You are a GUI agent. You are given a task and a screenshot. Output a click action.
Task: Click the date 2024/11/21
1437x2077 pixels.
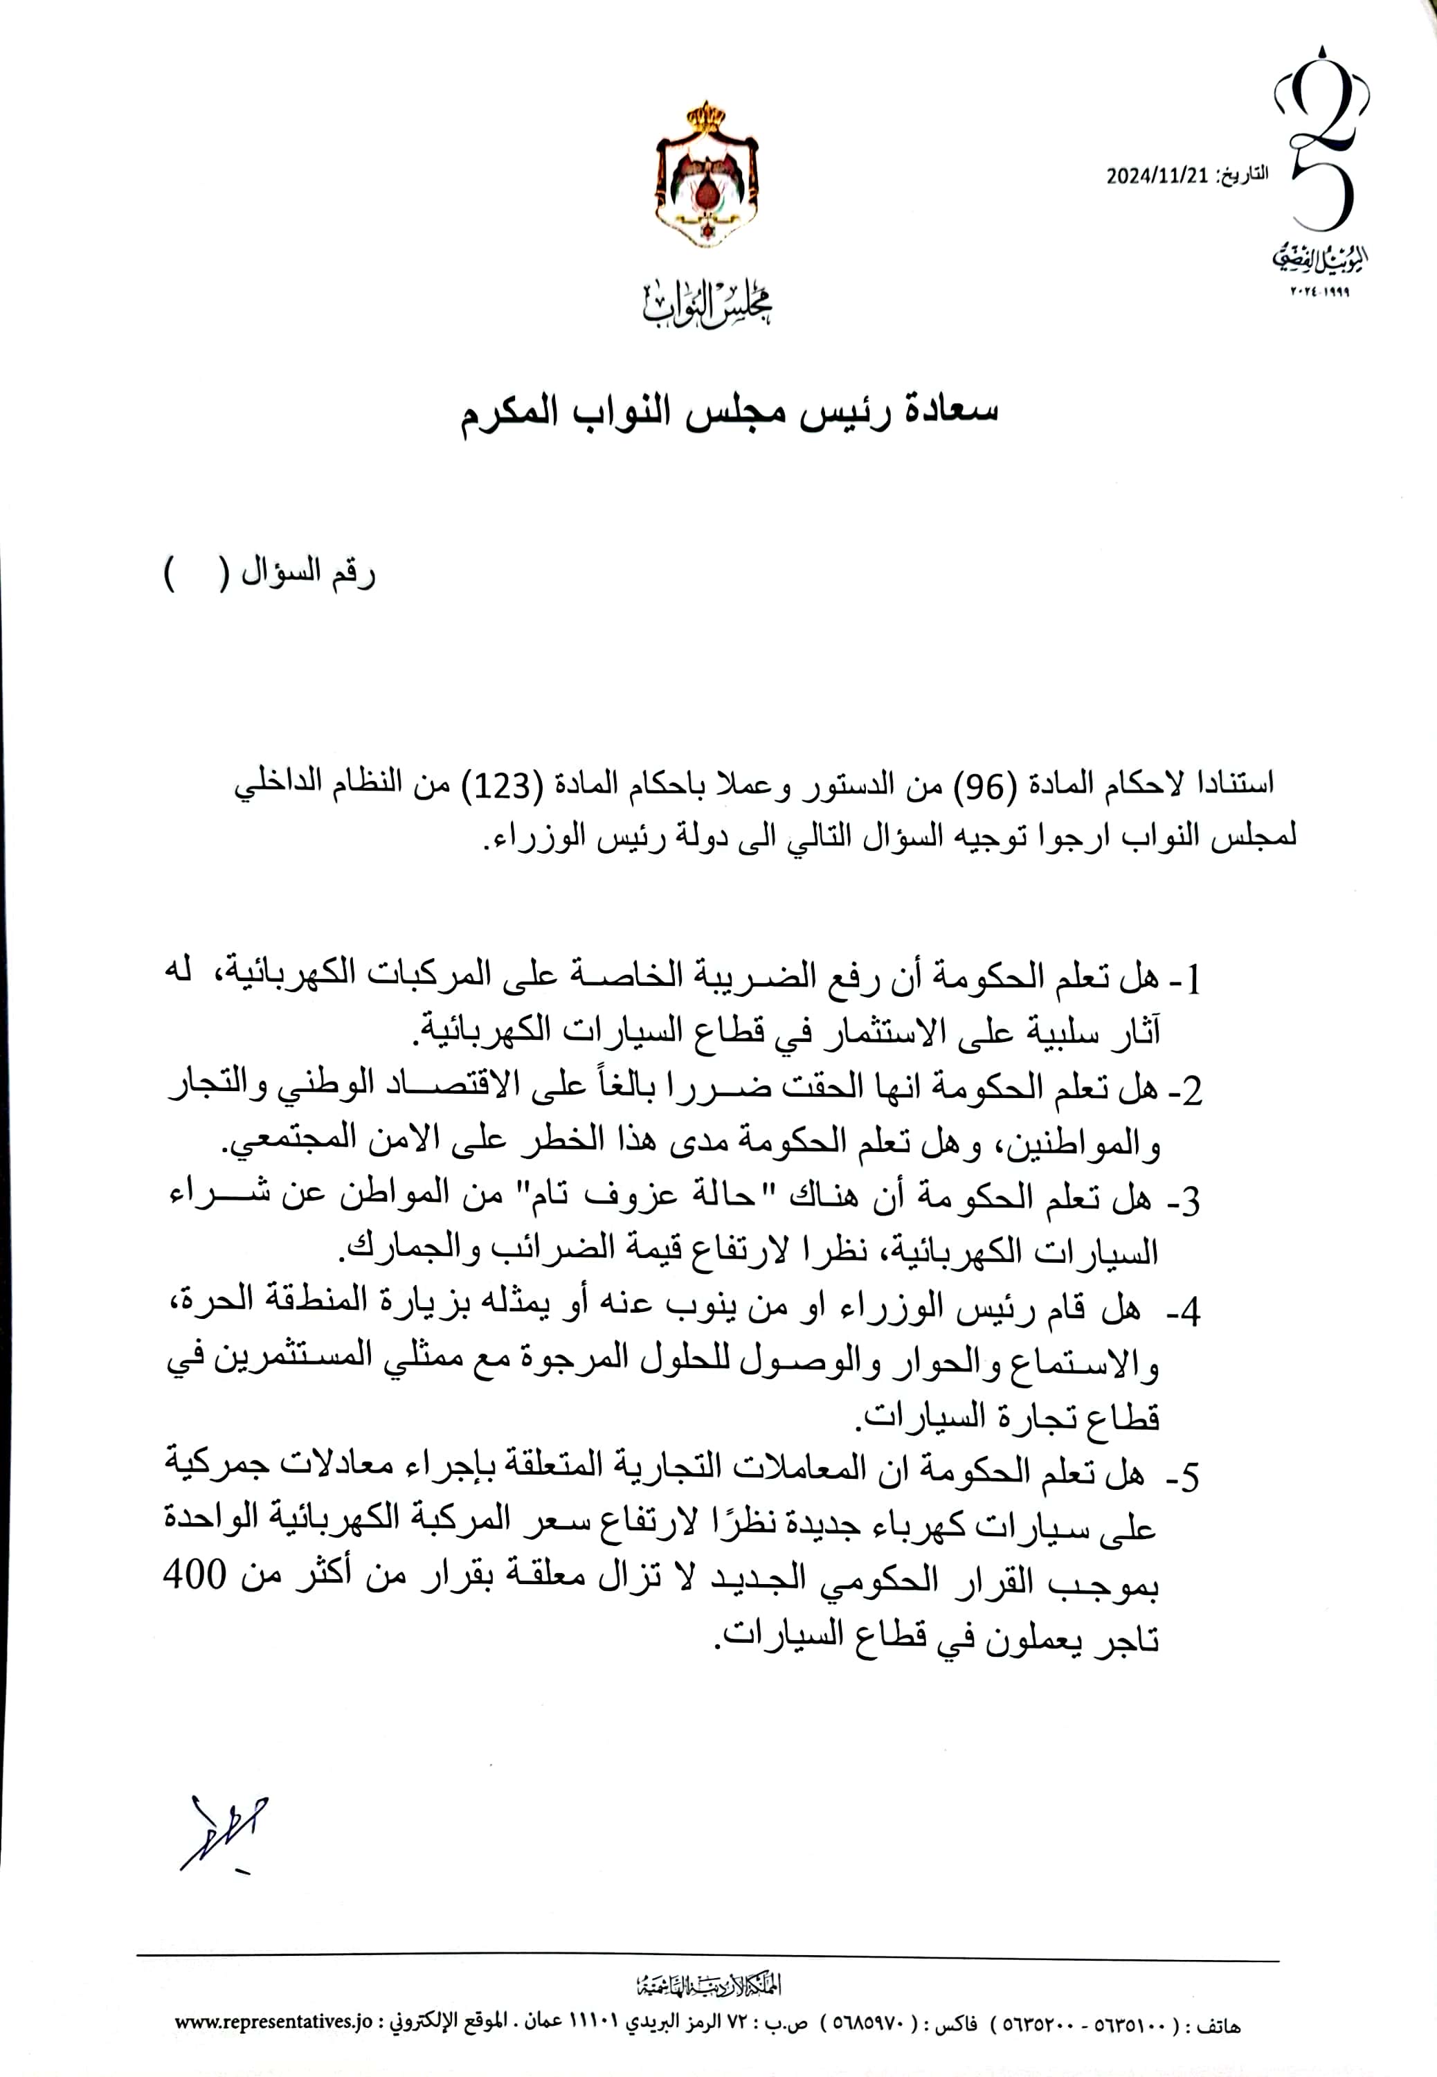click(1156, 176)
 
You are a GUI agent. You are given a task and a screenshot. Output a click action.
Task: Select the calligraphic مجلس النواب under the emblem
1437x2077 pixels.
click(707, 305)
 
